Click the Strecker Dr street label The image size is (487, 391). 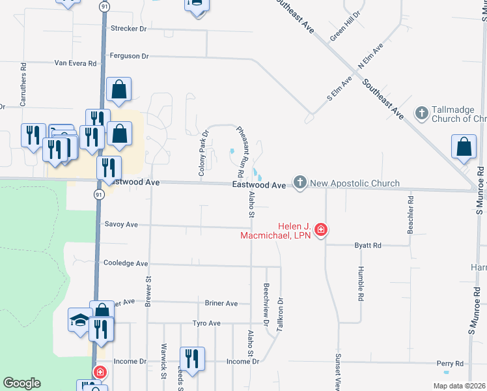click(x=130, y=29)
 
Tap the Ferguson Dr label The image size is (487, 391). click(x=130, y=56)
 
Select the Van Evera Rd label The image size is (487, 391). click(x=75, y=63)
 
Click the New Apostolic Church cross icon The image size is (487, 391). click(x=299, y=182)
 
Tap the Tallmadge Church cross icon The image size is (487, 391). click(x=421, y=113)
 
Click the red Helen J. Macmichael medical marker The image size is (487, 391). click(x=320, y=229)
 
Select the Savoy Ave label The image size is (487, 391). click(x=122, y=224)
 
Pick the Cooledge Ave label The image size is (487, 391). click(x=126, y=263)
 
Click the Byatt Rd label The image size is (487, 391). click(x=368, y=246)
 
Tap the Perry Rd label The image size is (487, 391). click(x=450, y=364)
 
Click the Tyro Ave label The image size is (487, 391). click(x=207, y=323)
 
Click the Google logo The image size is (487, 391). click(x=21, y=383)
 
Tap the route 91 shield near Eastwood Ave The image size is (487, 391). click(x=98, y=195)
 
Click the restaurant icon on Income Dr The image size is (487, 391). click(x=192, y=358)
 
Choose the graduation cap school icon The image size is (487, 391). click(x=79, y=320)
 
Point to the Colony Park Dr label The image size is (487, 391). click(x=203, y=154)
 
